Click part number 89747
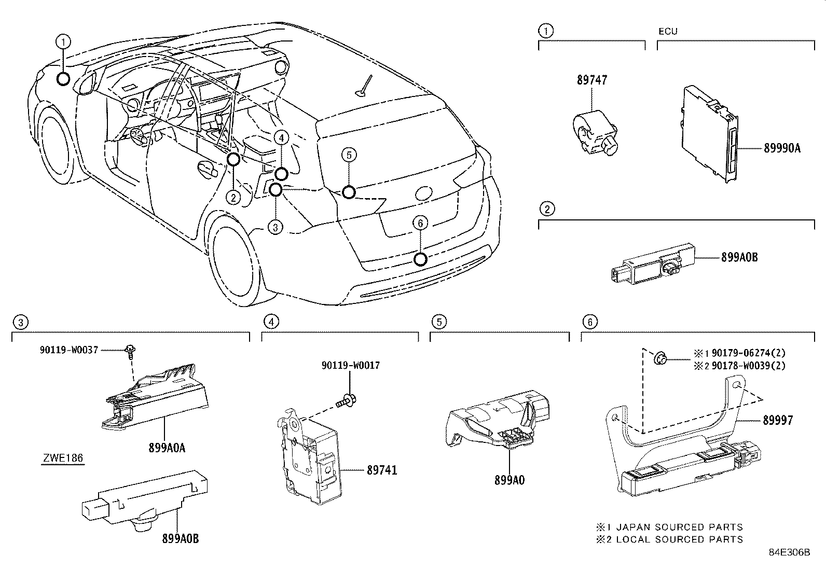(591, 80)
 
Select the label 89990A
(782, 148)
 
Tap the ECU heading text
(668, 31)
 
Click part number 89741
(382, 470)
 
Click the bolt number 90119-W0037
(68, 351)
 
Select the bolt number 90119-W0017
(350, 365)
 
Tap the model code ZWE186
(63, 458)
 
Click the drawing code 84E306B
(789, 552)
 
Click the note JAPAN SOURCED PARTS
(675, 527)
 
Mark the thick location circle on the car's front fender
(63, 79)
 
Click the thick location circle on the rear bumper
(421, 259)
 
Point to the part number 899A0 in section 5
(510, 480)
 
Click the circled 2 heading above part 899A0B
(546, 209)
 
